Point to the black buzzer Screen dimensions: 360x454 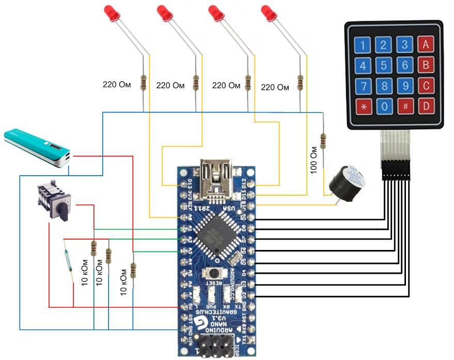pos(347,180)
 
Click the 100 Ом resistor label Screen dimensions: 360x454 pos(314,160)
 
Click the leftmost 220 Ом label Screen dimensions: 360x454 pos(117,85)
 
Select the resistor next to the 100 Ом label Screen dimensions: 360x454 pos(324,140)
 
